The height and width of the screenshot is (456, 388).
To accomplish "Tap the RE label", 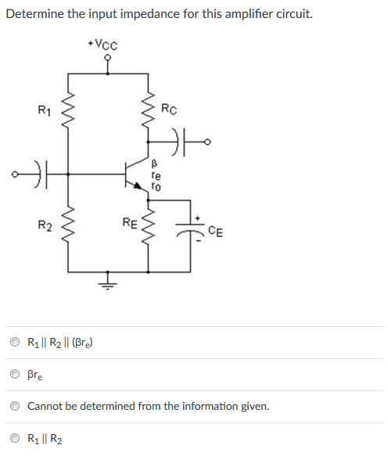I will tap(131, 224).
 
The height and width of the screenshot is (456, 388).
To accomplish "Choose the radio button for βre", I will tap(15, 375).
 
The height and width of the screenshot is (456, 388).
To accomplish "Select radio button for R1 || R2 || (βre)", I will tap(15, 342).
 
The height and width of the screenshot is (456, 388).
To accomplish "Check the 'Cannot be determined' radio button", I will tap(15, 407).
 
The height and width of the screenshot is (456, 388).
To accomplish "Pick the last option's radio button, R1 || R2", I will tap(15, 439).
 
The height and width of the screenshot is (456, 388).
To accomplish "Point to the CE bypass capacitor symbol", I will tap(191, 227).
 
